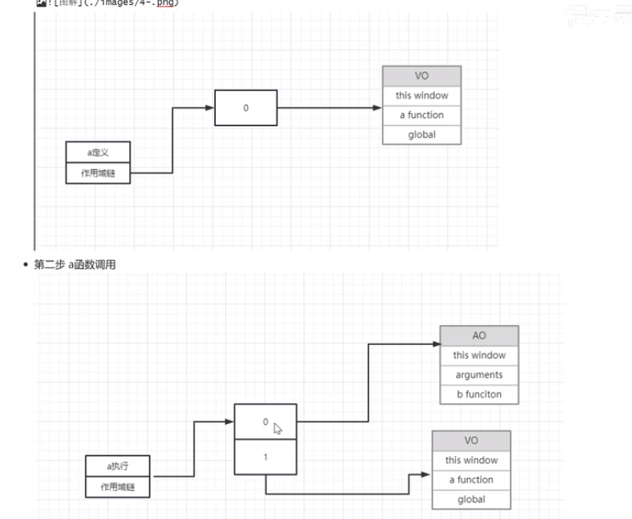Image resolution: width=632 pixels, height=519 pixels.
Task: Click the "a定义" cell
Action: [99, 153]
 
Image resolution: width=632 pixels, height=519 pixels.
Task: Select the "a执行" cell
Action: [118, 466]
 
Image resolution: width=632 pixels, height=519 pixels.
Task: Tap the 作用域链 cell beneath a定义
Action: [99, 173]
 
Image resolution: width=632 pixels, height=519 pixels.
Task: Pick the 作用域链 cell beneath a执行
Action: [118, 487]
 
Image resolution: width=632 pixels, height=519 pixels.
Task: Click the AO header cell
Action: [479, 336]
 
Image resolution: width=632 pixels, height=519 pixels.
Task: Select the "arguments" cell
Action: [479, 375]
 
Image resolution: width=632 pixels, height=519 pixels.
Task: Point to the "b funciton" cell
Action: [479, 394]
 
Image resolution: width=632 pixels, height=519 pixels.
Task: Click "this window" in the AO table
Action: [479, 355]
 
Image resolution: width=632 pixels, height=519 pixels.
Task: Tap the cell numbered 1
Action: [266, 457]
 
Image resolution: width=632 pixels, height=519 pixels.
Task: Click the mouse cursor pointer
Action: [278, 428]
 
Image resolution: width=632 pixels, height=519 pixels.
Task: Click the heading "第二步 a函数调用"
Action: [75, 265]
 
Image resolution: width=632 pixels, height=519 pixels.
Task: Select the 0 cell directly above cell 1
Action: [264, 421]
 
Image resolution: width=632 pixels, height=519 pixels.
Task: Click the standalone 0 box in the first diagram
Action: [246, 108]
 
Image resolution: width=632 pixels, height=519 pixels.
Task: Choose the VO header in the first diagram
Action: [421, 76]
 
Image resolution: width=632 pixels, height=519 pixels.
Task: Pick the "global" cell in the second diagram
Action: [471, 499]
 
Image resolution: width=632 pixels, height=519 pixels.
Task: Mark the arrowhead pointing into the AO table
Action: [434, 345]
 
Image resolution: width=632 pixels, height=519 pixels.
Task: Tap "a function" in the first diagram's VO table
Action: [421, 115]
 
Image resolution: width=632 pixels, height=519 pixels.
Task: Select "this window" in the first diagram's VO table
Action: [421, 95]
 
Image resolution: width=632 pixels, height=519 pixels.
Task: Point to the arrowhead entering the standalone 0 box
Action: [209, 108]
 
